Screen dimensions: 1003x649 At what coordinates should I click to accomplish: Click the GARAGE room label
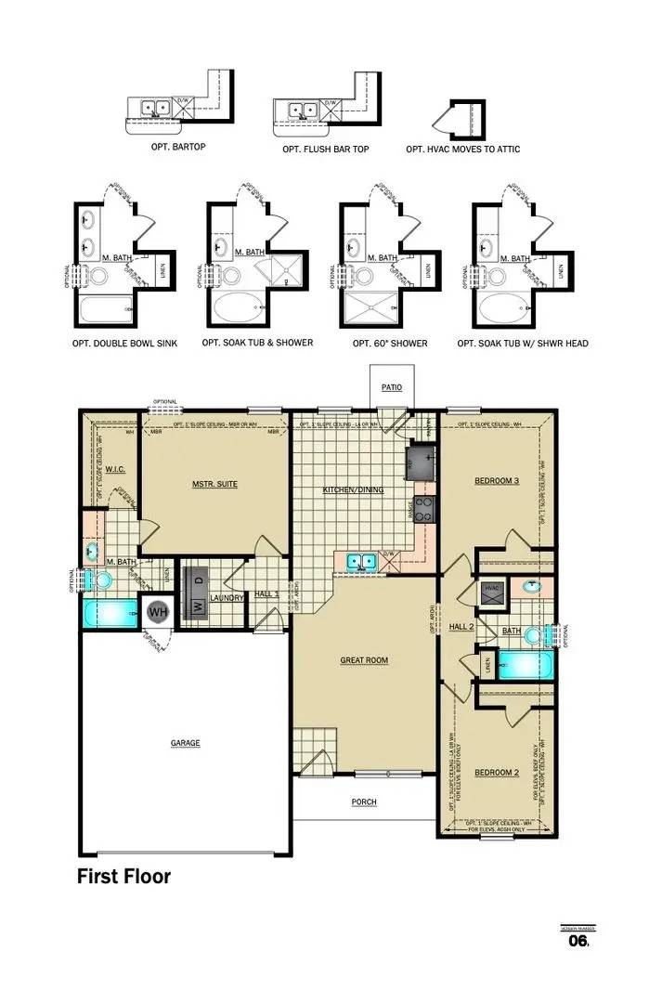(x=185, y=742)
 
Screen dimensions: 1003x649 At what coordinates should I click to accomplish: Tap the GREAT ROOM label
(x=363, y=660)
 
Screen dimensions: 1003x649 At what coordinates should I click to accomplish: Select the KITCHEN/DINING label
(x=352, y=489)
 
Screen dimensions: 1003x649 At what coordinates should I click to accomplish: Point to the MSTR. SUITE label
(x=214, y=484)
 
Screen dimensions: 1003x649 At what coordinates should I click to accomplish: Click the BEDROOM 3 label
(x=496, y=480)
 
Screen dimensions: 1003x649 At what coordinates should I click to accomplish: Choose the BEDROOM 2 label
(x=496, y=772)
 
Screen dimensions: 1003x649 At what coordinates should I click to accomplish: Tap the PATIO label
(x=391, y=387)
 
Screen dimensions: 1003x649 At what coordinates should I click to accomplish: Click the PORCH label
(x=364, y=802)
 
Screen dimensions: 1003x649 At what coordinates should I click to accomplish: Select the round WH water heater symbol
(x=158, y=612)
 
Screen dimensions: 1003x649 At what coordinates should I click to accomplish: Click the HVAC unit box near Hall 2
(x=492, y=588)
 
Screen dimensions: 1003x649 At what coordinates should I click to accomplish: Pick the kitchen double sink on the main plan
(x=360, y=560)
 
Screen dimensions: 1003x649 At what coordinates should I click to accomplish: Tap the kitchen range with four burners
(x=423, y=508)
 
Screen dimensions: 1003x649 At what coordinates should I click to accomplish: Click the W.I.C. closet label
(x=116, y=468)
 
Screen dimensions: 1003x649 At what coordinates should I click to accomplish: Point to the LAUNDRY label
(x=227, y=597)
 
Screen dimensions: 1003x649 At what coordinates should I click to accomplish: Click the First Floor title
(x=123, y=875)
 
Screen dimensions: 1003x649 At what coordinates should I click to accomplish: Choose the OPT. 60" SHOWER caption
(x=390, y=344)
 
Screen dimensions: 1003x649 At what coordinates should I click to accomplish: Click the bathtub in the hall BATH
(x=526, y=664)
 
